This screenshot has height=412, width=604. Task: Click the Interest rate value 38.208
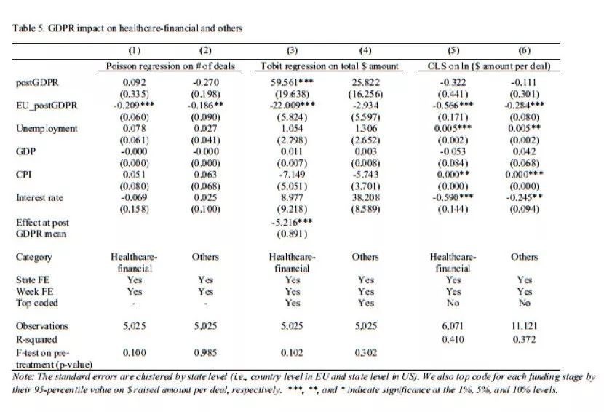[x=365, y=197]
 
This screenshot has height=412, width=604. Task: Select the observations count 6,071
[x=453, y=326]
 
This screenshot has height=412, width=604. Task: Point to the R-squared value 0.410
[x=453, y=339]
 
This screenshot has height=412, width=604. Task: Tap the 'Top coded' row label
[x=36, y=303]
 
